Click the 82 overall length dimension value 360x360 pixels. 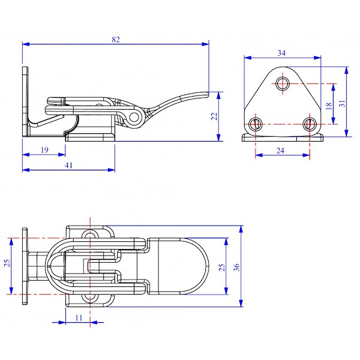[x=116, y=40]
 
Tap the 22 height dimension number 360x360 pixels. [x=214, y=116]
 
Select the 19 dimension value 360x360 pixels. [x=44, y=150]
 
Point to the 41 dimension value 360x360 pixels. [x=68, y=166]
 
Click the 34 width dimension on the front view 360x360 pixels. [x=281, y=53]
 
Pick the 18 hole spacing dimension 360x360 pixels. [x=329, y=106]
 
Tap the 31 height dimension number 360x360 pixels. [x=342, y=104]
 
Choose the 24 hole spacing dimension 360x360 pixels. [x=280, y=151]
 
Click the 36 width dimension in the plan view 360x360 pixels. [x=236, y=267]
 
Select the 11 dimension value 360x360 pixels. [x=79, y=318]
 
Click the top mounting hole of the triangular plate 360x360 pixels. [x=283, y=83]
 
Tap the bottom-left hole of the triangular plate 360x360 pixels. [x=256, y=124]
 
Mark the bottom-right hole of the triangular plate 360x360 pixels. [x=310, y=124]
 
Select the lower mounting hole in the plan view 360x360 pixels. [x=90, y=298]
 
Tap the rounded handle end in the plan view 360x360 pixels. [x=195, y=266]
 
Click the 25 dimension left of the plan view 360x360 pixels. [x=7, y=263]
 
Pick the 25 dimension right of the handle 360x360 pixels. [x=221, y=267]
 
